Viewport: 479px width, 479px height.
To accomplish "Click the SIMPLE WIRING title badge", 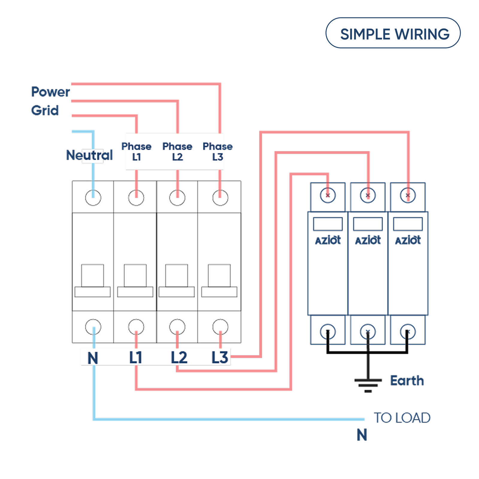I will tap(393, 33).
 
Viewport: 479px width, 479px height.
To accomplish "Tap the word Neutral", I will tap(89, 155).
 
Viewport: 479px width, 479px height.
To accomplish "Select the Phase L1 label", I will tap(136, 151).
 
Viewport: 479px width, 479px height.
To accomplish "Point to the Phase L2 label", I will tap(177, 151).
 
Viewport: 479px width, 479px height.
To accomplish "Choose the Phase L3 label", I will tap(218, 151).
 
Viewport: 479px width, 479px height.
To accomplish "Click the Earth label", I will tap(407, 381).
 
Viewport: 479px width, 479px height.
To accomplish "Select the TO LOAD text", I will tap(402, 418).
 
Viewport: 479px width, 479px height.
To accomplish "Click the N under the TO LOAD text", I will tap(362, 435).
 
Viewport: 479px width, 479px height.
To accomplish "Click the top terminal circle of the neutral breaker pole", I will tap(93, 198).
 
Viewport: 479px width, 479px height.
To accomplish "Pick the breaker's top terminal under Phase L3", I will tap(220, 198).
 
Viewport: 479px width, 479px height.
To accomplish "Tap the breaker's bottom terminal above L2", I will tap(177, 327).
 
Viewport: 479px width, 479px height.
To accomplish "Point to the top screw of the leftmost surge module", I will tap(328, 195).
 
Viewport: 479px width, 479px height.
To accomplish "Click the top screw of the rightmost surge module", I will tap(408, 195).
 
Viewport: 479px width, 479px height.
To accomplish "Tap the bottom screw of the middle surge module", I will tap(368, 332).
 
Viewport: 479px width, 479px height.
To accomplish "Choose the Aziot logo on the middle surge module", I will tap(368, 240).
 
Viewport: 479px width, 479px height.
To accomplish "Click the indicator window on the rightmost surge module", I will tap(408, 224).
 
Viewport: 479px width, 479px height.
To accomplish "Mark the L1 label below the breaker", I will tap(136, 357).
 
